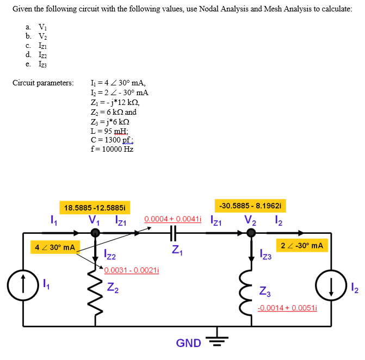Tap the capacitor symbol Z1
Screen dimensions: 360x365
(174, 233)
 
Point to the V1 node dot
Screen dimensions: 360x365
(95, 233)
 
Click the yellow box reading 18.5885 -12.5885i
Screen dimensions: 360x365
(95, 208)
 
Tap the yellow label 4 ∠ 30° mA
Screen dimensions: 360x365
(54, 247)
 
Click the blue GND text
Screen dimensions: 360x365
(189, 343)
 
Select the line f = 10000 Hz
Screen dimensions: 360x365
(112, 149)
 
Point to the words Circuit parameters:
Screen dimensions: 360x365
(42, 83)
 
